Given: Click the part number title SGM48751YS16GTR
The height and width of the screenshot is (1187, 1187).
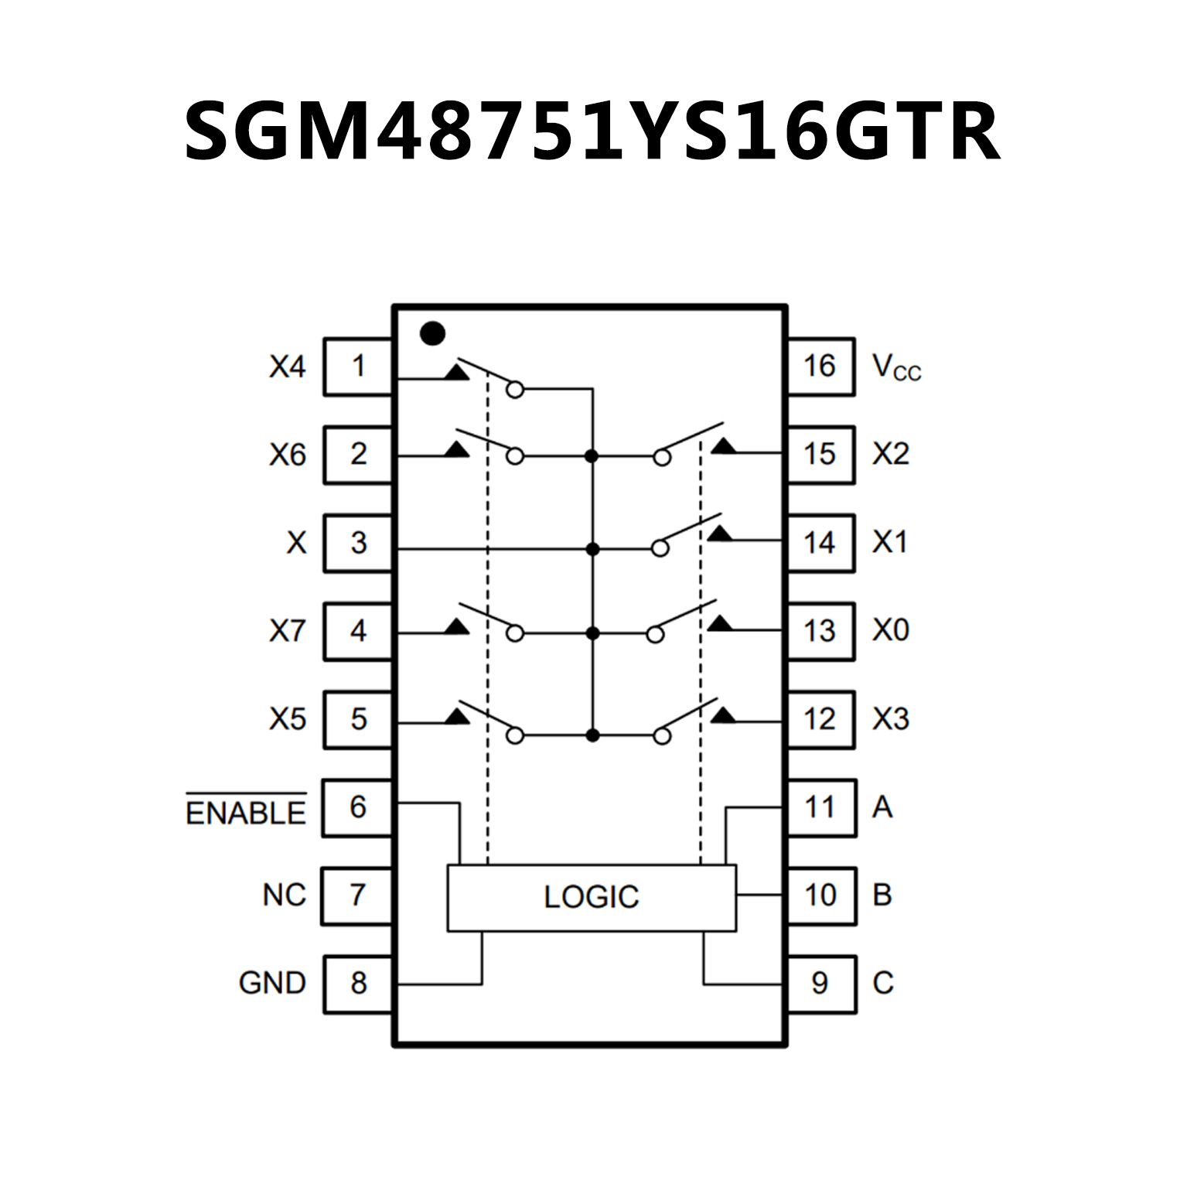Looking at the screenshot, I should [592, 132].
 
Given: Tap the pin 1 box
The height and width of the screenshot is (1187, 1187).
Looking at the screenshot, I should [357, 367].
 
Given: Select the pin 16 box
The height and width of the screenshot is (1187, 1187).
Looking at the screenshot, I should [820, 367].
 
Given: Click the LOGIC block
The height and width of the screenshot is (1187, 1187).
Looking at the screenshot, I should [592, 897].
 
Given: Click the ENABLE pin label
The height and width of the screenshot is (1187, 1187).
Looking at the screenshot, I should [246, 812].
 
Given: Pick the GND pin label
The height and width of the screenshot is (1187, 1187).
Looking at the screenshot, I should [272, 984].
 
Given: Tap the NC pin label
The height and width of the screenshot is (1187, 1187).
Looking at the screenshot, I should [284, 895].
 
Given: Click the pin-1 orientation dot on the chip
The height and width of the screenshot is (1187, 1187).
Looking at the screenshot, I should [431, 333].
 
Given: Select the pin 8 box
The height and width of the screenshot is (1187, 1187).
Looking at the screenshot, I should [357, 984].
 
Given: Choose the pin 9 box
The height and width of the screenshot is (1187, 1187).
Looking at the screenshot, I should [820, 984].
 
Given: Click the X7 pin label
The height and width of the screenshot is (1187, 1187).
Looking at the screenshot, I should [287, 632].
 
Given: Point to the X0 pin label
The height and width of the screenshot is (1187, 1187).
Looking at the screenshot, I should [891, 631].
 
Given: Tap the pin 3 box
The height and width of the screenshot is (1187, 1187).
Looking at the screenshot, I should [357, 543].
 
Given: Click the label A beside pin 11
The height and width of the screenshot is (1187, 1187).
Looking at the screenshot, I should [882, 807].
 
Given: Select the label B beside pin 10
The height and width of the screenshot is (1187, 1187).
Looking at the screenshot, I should [882, 895].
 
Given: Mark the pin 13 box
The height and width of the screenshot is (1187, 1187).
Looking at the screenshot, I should [820, 631].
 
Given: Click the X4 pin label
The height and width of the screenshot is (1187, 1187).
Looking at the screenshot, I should [287, 367].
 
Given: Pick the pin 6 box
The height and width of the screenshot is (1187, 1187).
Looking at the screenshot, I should [357, 807].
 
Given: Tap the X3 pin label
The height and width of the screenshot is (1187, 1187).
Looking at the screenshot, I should [891, 719].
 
